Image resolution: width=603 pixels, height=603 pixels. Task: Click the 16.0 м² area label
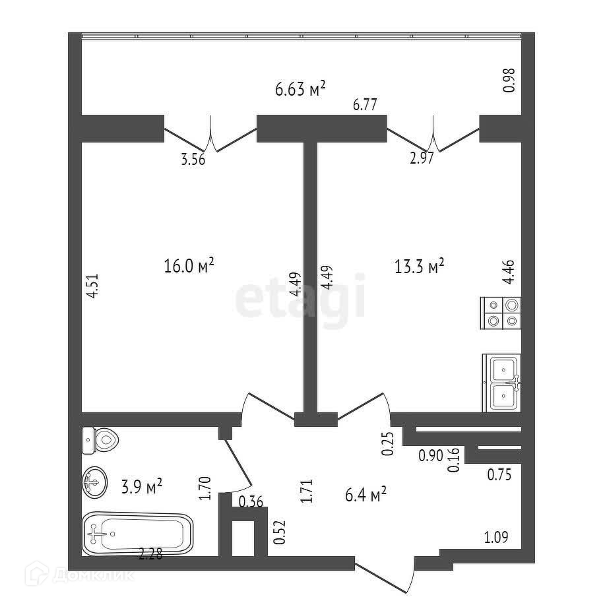coord(189,266)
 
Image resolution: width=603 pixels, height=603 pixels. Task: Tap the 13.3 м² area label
coord(419,266)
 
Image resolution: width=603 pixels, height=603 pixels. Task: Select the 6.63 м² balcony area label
coord(301,89)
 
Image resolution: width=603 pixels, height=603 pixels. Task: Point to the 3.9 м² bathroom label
coord(142,488)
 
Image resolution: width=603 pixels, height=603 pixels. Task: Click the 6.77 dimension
coord(367,104)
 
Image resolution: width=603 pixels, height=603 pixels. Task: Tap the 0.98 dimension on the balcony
coord(509,80)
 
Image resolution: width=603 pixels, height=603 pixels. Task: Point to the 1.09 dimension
coord(497,537)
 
